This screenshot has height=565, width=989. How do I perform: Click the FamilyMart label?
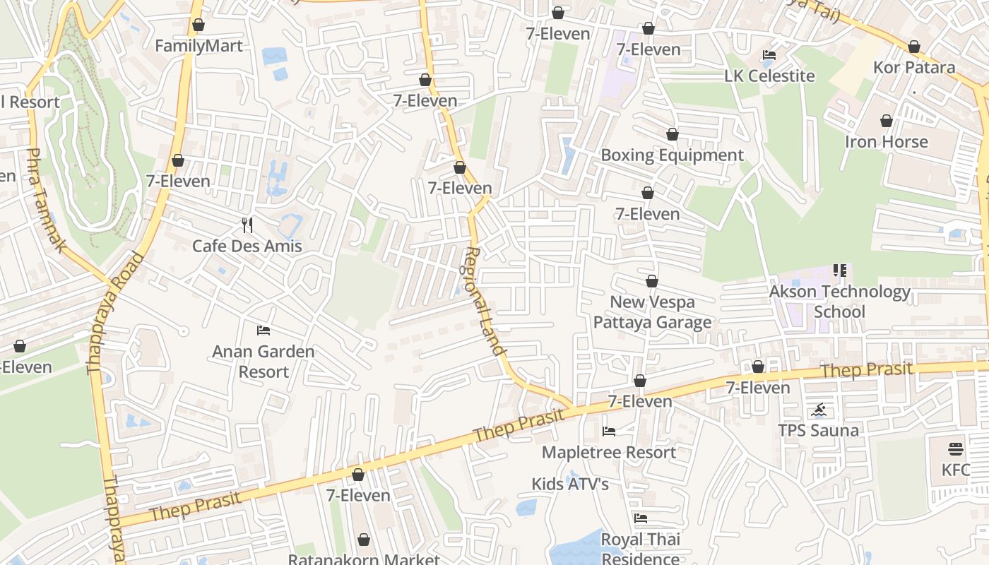pyautogui.click(x=199, y=46)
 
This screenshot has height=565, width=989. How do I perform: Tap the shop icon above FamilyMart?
pyautogui.click(x=199, y=25)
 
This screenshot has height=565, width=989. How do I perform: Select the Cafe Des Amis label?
pyautogui.click(x=247, y=246)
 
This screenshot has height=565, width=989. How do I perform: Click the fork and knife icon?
pyautogui.click(x=247, y=225)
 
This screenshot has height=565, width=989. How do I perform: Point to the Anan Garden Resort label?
pyautogui.click(x=263, y=361)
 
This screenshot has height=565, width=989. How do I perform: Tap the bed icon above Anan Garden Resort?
pyautogui.click(x=263, y=330)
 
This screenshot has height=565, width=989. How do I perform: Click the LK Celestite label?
pyautogui.click(x=769, y=76)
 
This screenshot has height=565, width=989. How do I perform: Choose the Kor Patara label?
pyautogui.click(x=914, y=67)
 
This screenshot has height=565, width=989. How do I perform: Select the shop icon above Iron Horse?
pyautogui.click(x=887, y=121)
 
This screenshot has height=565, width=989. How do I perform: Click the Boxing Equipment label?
pyautogui.click(x=672, y=155)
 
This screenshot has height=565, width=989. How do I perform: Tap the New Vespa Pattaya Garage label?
pyautogui.click(x=652, y=312)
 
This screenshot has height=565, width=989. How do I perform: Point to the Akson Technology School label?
pyautogui.click(x=839, y=302)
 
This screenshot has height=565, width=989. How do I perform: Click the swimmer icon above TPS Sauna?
pyautogui.click(x=819, y=410)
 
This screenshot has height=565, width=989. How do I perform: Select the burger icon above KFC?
pyautogui.click(x=956, y=449)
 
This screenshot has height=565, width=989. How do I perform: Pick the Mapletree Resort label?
pyautogui.click(x=609, y=452)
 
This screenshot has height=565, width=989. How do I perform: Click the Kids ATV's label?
pyautogui.click(x=570, y=484)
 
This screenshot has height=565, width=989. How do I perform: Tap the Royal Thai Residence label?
pyautogui.click(x=640, y=549)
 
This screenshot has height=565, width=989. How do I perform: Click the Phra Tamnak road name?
pyautogui.click(x=47, y=201)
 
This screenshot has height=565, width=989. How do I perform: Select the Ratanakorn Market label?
pyautogui.click(x=363, y=559)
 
